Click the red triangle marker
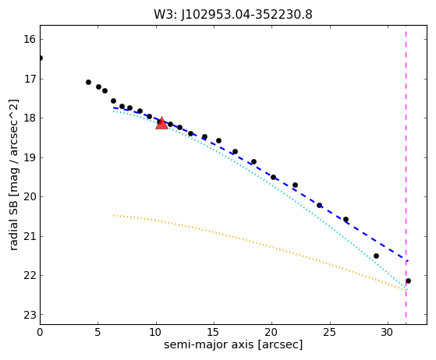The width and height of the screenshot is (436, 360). coord(161,124)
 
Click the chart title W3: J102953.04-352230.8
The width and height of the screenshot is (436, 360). coord(233,15)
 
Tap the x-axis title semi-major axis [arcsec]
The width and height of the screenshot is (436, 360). coord(233,344)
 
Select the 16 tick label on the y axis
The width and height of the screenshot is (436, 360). coord(30,40)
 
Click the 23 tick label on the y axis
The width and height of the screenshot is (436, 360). coord(30,315)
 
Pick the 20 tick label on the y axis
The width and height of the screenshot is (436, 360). coord(30,197)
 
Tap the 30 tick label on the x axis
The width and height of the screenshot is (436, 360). coord(388,332)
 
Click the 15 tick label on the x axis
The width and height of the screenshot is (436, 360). coord(214,332)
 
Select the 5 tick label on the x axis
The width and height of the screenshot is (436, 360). coord(97,332)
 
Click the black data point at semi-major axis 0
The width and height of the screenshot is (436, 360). coord(41,58)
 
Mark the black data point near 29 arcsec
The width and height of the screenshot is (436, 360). coord(376,256)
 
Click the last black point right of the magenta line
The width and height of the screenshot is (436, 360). coord(408,281)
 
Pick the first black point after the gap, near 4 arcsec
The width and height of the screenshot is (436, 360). coord(88,83)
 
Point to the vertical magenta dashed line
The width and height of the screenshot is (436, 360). coord(406,175)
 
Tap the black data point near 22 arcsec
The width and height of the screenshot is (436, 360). coord(296,185)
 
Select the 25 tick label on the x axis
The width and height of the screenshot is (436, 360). coord(330,332)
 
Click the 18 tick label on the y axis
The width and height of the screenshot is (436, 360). coord(30,118)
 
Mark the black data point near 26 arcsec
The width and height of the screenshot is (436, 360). coord(346,220)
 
